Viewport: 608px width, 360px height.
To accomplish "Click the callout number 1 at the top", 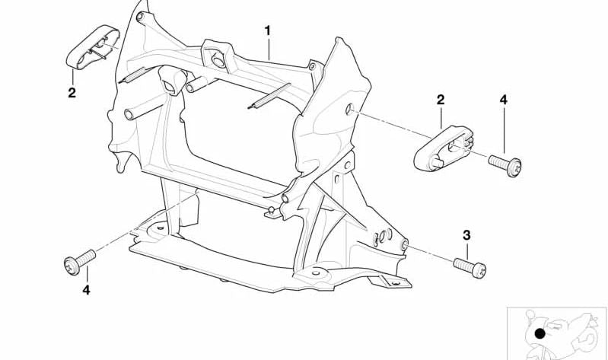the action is [268, 30].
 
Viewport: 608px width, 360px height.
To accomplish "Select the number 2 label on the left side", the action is [72, 93].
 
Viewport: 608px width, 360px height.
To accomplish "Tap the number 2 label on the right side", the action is [441, 100].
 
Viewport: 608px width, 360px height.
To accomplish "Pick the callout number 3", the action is [466, 235].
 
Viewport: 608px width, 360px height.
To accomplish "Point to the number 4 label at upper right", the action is [503, 100].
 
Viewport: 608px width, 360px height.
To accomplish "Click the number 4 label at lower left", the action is [86, 290].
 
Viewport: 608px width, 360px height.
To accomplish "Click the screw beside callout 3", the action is [470, 268].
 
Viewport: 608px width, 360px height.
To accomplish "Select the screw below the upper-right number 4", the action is [505, 166].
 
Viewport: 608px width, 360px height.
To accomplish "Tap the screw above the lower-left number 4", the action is [79, 262].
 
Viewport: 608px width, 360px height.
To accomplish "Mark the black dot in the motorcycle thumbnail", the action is [540, 333].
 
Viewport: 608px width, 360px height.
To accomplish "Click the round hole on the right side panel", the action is [349, 109].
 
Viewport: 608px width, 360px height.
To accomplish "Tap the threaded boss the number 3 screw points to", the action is [404, 244].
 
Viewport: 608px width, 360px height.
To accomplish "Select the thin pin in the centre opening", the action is [269, 96].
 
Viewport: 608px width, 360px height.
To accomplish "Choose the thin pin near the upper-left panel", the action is [133, 75].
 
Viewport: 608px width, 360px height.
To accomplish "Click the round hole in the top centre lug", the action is [218, 61].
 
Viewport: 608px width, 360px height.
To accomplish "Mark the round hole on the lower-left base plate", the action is [160, 228].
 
